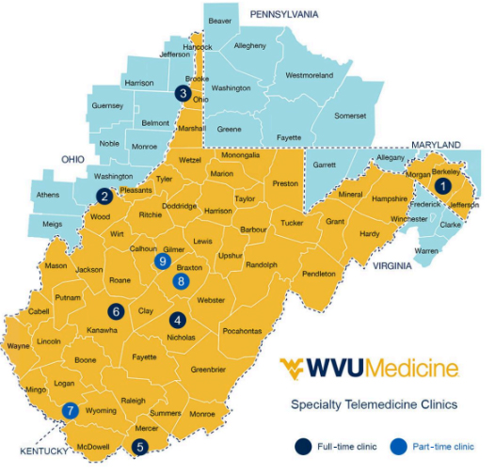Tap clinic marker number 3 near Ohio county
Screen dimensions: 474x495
(x=182, y=93)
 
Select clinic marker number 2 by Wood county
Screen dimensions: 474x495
(x=104, y=196)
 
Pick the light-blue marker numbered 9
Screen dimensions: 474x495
(x=164, y=261)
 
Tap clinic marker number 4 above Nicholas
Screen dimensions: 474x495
(x=177, y=318)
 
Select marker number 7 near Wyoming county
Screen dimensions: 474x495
(x=69, y=410)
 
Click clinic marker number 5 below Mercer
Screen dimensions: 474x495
(x=140, y=447)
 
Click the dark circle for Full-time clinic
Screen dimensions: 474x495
(x=304, y=446)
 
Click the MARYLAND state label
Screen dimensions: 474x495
(x=435, y=144)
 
